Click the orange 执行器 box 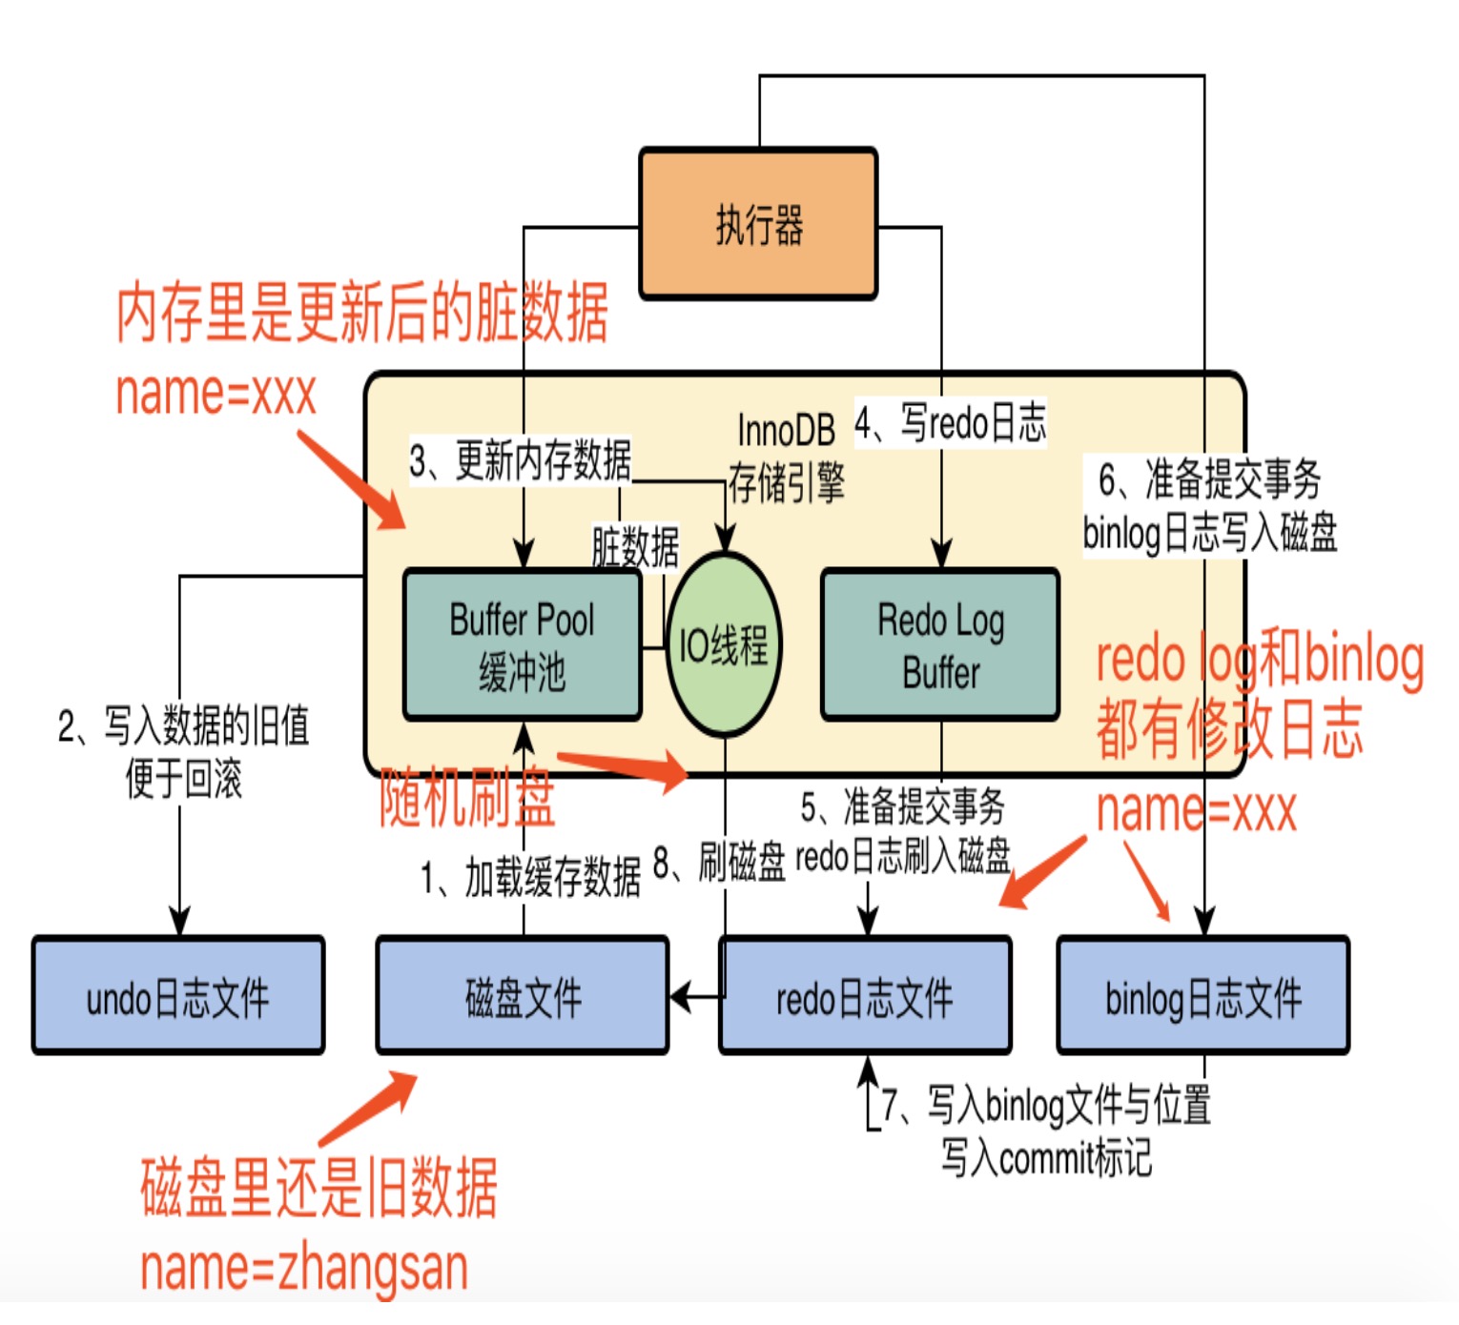758,225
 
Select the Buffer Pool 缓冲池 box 523,645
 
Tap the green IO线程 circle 724,645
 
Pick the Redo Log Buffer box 940,645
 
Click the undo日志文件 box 178,997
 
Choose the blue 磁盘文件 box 523,997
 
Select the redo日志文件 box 865,997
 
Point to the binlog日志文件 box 1203,997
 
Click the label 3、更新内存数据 521,461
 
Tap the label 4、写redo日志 951,423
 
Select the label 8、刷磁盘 719,862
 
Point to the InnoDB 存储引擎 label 787,457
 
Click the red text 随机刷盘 467,797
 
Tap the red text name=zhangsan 304,1268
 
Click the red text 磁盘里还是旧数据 319,1188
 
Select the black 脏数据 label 635,548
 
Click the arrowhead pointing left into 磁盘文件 681,998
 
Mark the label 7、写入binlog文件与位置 1046,1106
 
